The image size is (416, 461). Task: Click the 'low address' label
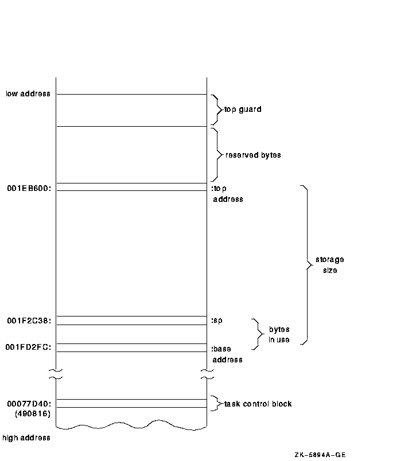coord(28,93)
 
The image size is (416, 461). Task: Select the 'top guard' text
coord(243,109)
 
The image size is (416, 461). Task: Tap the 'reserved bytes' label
coord(253,155)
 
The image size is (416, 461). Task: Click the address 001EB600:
coord(29,187)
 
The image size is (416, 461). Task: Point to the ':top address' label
coord(227,193)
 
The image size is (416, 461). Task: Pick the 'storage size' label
coord(329,265)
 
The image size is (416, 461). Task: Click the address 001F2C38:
coord(29,321)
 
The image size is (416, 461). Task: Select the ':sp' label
coord(217,320)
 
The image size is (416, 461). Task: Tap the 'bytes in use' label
coord(279,335)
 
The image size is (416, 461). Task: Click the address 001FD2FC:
coord(29,347)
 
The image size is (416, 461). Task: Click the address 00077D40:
coord(29,404)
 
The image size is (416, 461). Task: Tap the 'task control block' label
coord(258,404)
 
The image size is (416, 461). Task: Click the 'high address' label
coord(26,438)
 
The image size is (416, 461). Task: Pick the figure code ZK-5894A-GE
coord(320,455)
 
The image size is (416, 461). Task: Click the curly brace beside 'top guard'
coord(216,109)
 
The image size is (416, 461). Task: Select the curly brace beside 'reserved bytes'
coord(217,154)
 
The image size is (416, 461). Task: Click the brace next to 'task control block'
coord(216,404)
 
